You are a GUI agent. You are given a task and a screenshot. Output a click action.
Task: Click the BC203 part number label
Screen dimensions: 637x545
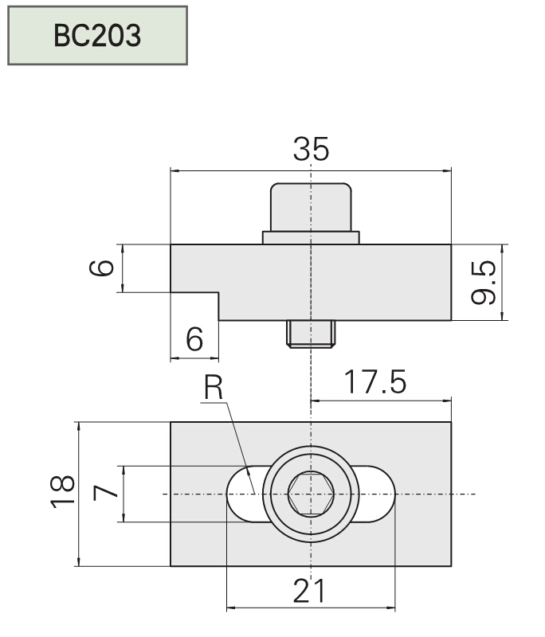(x=97, y=36)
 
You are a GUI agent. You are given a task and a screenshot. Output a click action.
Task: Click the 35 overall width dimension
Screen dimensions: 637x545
(x=311, y=149)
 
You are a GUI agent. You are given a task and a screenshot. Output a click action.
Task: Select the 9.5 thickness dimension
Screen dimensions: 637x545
(x=484, y=283)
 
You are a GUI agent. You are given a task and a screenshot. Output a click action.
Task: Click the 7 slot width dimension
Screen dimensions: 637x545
(x=106, y=494)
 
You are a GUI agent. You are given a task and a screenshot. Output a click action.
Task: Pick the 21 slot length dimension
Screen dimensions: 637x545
(x=310, y=592)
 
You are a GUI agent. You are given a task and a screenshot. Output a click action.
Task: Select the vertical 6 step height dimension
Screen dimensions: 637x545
(x=101, y=268)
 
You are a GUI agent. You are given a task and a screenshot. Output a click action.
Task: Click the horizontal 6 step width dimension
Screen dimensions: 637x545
(x=194, y=339)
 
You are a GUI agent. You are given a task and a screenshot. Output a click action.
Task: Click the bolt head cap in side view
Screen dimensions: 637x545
(x=311, y=206)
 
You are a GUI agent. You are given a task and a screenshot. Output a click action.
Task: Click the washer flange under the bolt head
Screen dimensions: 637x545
(x=311, y=237)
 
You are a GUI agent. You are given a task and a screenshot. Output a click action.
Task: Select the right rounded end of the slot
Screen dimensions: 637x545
(x=382, y=494)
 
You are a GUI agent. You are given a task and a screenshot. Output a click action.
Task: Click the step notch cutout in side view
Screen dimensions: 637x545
(x=195, y=307)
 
